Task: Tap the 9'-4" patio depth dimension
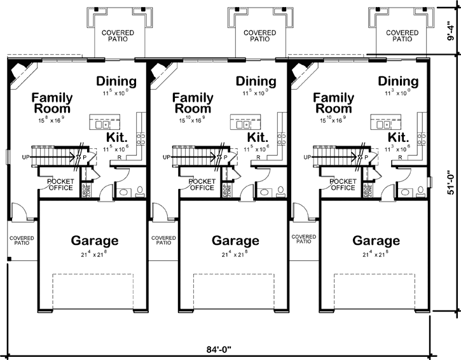click(x=451, y=28)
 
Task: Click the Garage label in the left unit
click(x=94, y=241)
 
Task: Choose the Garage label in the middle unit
click(x=235, y=241)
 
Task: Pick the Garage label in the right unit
click(x=376, y=241)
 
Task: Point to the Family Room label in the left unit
click(x=52, y=103)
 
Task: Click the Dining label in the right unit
click(x=398, y=81)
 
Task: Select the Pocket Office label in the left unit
click(x=60, y=184)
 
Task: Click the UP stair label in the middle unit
click(x=167, y=156)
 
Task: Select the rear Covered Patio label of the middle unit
click(x=259, y=35)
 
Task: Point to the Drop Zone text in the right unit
click(x=367, y=190)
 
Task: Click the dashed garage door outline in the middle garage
click(x=235, y=289)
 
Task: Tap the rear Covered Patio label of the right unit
click(x=402, y=35)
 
